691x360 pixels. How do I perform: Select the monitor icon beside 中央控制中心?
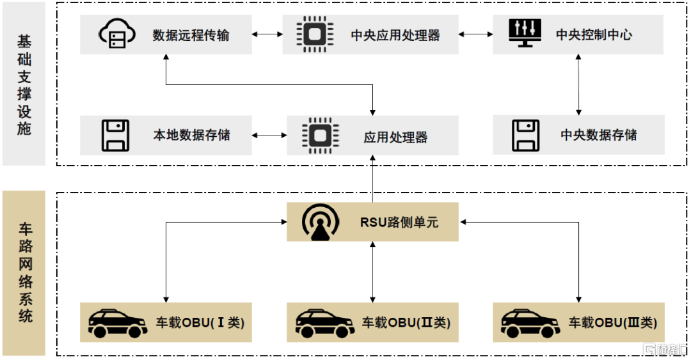[x=523, y=33]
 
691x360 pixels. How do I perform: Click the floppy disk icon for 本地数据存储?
[x=116, y=135]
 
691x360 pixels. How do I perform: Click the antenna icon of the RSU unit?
[x=319, y=222]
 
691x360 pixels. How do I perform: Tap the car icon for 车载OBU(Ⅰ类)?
[x=116, y=323]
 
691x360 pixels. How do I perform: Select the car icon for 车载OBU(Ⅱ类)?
[x=324, y=323]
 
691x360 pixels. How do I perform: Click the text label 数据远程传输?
[x=191, y=35]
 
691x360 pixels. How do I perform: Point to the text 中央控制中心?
[x=593, y=35]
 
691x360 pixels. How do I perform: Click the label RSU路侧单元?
[x=399, y=223]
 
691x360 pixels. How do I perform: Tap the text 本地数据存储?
[x=191, y=136]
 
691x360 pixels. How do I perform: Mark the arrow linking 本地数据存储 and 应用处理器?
[x=269, y=136]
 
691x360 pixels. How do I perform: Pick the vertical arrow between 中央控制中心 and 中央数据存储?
[x=579, y=84]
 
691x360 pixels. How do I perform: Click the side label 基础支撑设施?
[x=24, y=84]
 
